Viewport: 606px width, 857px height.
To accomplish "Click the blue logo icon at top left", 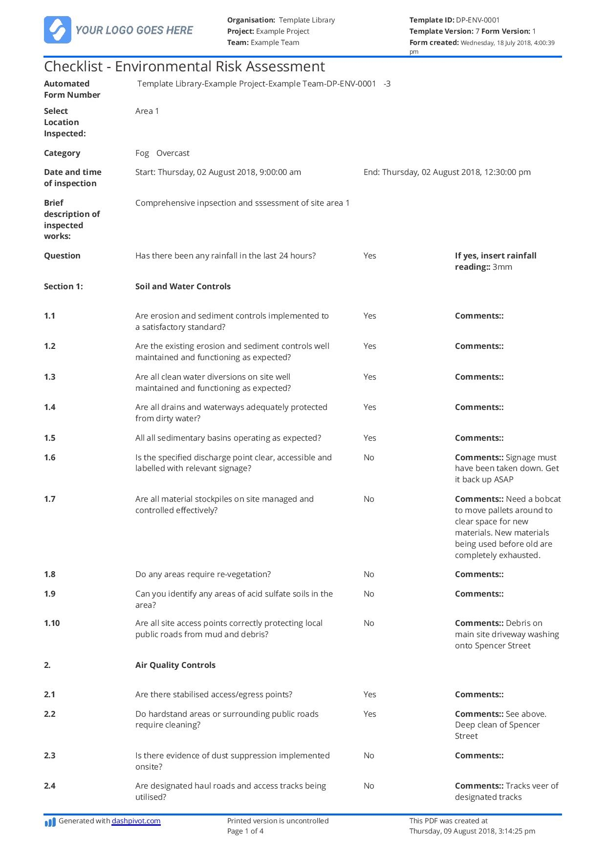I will pyautogui.click(x=57, y=30).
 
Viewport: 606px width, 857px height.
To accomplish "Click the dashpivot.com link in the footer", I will pyautogui.click(x=136, y=821).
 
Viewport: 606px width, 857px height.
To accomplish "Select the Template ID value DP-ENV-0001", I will pyautogui.click(x=477, y=20).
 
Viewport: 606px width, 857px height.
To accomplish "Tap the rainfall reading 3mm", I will pyautogui.click(x=502, y=267).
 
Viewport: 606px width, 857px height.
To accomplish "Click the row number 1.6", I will pyautogui.click(x=50, y=457).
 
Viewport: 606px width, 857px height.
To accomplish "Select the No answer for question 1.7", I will pyautogui.click(x=368, y=499).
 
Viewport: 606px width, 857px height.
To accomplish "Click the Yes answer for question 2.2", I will pyautogui.click(x=369, y=714).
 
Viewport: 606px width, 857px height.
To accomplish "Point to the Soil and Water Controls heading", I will pyautogui.click(x=183, y=286).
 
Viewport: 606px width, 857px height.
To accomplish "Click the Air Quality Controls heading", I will pyautogui.click(x=175, y=665).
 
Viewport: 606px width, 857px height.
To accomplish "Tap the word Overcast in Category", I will pyautogui.click(x=173, y=153).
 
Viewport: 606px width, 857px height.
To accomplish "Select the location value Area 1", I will pyautogui.click(x=147, y=111).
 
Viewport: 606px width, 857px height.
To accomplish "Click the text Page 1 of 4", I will pyautogui.click(x=245, y=831).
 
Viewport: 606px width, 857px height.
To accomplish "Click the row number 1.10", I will pyautogui.click(x=52, y=623).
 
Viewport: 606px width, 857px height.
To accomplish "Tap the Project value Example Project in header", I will pyautogui.click(x=282, y=31).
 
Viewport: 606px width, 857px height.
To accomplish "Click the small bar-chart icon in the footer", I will pyautogui.click(x=50, y=823).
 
